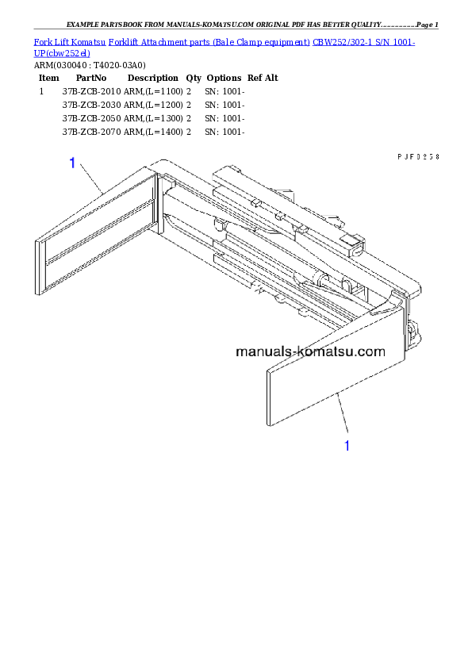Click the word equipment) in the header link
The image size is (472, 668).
[x=288, y=41]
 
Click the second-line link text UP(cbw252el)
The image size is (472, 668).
[x=62, y=52]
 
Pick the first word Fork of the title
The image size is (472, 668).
[x=41, y=41]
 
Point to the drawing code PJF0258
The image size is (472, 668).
[x=418, y=157]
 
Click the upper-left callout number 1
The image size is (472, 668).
[x=72, y=163]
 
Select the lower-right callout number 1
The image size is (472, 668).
[x=347, y=446]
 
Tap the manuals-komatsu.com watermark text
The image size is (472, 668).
[x=310, y=351]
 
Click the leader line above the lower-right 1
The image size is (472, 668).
[x=342, y=413]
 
